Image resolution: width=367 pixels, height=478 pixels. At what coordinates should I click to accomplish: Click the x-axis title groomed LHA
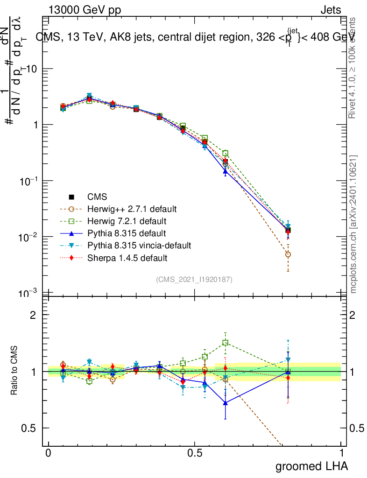click(x=312, y=466)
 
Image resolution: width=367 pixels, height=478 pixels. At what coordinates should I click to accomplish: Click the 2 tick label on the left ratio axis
click(x=33, y=315)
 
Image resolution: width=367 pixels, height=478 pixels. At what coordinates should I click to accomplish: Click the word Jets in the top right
click(x=331, y=10)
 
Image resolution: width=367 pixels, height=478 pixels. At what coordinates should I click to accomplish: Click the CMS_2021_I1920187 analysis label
click(x=194, y=280)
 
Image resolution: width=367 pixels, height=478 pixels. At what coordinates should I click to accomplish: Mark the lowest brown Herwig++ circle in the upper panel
click(x=288, y=254)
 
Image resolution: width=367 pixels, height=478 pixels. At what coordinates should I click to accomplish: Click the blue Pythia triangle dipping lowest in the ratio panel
click(x=226, y=402)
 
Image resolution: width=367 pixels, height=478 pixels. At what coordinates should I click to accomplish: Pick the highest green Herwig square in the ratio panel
click(x=226, y=343)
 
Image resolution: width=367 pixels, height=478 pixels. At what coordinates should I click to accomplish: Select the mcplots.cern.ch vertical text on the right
click(x=353, y=224)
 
